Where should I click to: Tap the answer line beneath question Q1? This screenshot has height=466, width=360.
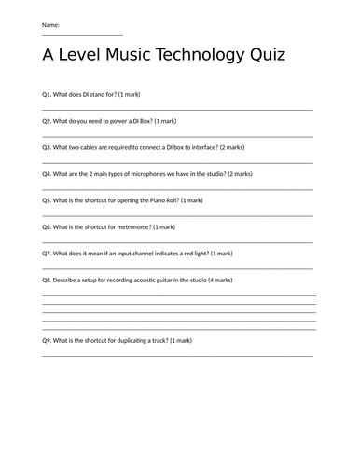tap(177, 109)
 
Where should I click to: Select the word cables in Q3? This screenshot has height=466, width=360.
tap(91, 147)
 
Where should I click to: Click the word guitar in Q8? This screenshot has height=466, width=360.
tap(161, 280)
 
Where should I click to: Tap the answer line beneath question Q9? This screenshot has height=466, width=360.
tap(177, 355)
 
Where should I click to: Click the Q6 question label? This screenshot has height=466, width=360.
tap(48, 226)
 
